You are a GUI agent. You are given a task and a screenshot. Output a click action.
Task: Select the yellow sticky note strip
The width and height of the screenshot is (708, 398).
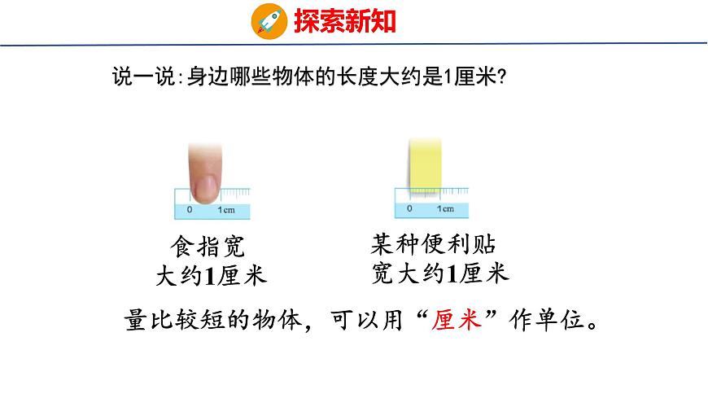click(x=424, y=165)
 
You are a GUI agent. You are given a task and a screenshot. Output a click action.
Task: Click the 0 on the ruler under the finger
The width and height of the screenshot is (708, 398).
click(x=190, y=210)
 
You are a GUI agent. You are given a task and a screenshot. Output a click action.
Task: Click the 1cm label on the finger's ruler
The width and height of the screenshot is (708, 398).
click(x=226, y=210)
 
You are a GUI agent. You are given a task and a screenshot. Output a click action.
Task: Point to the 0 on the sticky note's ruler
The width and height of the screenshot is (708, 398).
click(x=409, y=208)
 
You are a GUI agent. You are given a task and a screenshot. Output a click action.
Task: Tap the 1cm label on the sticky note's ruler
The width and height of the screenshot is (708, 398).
click(x=445, y=208)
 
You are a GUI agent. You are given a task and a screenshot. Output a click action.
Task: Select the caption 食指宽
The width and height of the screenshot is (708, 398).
click(x=208, y=247)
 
